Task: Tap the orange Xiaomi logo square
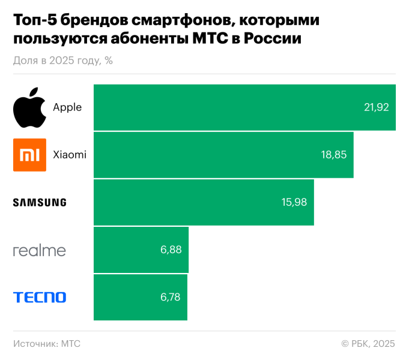pyautogui.click(x=29, y=155)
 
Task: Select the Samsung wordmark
pyautogui.click(x=40, y=202)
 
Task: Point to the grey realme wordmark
pyautogui.click(x=40, y=250)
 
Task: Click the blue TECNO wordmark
pyautogui.click(x=40, y=297)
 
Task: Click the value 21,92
pyautogui.click(x=377, y=107)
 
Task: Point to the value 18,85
pyautogui.click(x=334, y=155)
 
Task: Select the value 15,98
pyautogui.click(x=294, y=202)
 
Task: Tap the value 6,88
pyautogui.click(x=171, y=250)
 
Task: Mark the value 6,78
pyautogui.click(x=170, y=297)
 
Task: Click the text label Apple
pyautogui.click(x=67, y=107)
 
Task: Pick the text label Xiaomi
pyautogui.click(x=70, y=155)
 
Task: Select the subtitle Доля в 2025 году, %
pyautogui.click(x=62, y=60)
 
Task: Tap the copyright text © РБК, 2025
pyautogui.click(x=368, y=344)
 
